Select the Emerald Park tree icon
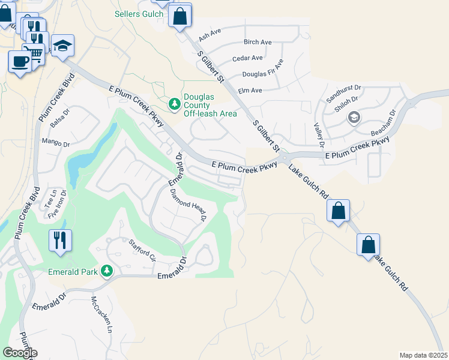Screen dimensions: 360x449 [x=107, y=272]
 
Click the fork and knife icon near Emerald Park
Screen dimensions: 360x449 [x=60, y=240]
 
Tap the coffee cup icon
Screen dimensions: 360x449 [x=20, y=61]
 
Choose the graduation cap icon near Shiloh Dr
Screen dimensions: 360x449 [x=354, y=117]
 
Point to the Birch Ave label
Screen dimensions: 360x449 [x=258, y=42]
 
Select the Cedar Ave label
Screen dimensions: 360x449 [x=248, y=58]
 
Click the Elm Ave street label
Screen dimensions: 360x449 [x=250, y=91]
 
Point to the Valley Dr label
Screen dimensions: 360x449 [x=319, y=135]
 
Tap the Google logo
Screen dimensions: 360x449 [x=20, y=353]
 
